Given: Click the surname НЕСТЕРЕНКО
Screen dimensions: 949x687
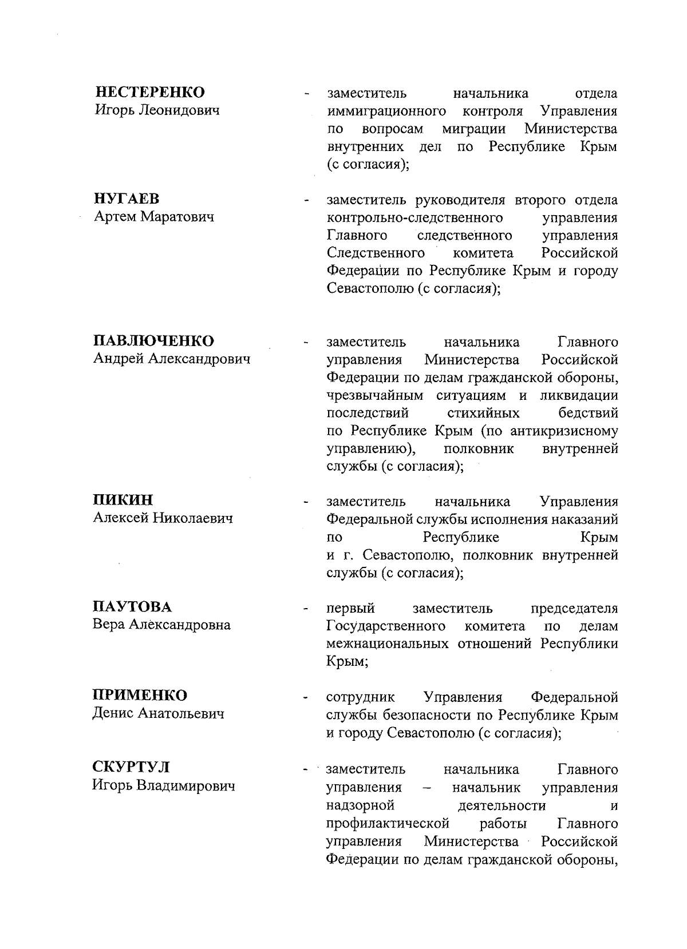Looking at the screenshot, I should [149, 92].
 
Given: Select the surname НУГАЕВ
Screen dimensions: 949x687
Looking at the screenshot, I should [127, 199].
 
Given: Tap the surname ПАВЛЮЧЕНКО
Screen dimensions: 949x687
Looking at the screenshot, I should [153, 341].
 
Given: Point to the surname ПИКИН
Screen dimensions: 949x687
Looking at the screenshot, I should [123, 501].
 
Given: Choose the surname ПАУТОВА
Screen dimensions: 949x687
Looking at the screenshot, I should [132, 606].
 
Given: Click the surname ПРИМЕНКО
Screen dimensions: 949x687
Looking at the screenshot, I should [140, 696].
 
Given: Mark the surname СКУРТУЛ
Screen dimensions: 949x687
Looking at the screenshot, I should [131, 768].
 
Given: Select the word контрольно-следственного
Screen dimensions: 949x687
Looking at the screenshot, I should [414, 218].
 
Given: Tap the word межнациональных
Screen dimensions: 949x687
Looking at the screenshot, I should [387, 644].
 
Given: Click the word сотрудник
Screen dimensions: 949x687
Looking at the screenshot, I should [360, 697].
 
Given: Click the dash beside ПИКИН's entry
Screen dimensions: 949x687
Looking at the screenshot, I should [307, 503].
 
